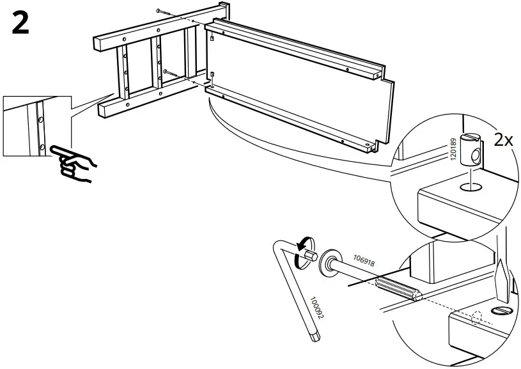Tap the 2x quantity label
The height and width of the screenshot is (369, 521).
pyautogui.click(x=502, y=141)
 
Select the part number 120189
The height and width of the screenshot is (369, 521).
pyautogui.click(x=454, y=150)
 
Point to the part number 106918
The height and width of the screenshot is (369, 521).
pyautogui.click(x=364, y=262)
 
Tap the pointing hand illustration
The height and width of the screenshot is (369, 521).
pyautogui.click(x=74, y=162)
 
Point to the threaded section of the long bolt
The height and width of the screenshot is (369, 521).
pyautogui.click(x=396, y=287)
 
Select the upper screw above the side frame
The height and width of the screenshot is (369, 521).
pyautogui.click(x=164, y=12)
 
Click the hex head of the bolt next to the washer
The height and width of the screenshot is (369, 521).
pyautogui.click(x=312, y=255)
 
